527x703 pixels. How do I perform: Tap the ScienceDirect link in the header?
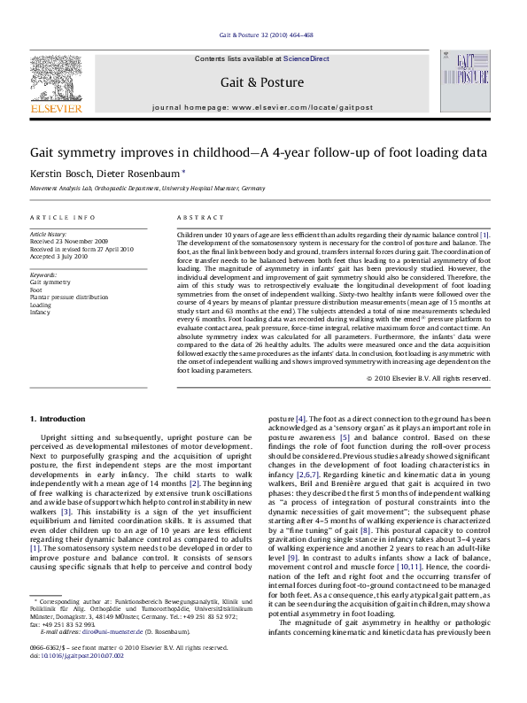(306, 58)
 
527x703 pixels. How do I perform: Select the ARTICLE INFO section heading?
(62, 218)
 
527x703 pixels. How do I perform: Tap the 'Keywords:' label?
(43, 275)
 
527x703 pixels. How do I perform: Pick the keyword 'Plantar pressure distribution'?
(68, 297)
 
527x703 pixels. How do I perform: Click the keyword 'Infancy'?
(41, 311)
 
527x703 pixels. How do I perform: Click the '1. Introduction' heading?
(58, 418)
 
